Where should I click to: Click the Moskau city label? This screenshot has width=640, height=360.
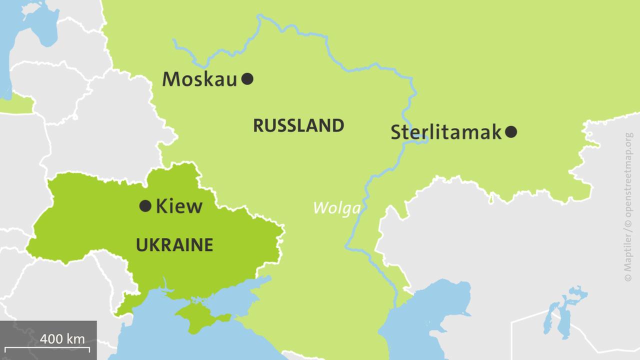click(199, 79)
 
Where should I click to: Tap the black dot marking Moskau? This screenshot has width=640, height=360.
click(247, 78)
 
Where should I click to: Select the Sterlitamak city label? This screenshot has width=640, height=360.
click(445, 132)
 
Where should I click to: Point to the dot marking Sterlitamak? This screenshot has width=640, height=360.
click(511, 132)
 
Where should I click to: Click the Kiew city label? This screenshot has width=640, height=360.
click(179, 206)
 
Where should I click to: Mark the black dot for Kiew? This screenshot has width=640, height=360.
click(145, 205)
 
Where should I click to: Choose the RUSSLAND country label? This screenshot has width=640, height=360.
click(298, 125)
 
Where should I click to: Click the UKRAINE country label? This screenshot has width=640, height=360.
click(174, 245)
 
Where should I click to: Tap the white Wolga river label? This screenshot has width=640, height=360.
click(336, 207)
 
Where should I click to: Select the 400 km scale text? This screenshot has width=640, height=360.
click(62, 338)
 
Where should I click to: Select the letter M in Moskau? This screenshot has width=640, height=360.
click(171, 79)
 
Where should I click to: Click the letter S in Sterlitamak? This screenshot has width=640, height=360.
click(397, 132)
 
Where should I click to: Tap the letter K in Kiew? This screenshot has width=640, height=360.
click(162, 206)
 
